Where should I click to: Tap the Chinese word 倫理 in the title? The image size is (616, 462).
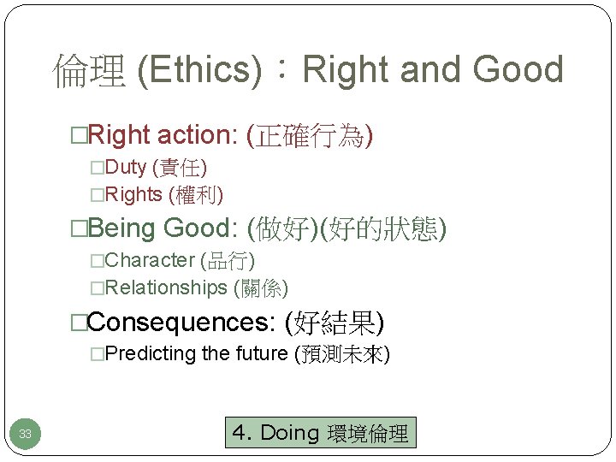coord(89,70)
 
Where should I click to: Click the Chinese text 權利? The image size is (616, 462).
coord(196,195)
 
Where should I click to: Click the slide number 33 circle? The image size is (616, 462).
coord(26,434)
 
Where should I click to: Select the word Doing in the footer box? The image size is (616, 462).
coord(288,433)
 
